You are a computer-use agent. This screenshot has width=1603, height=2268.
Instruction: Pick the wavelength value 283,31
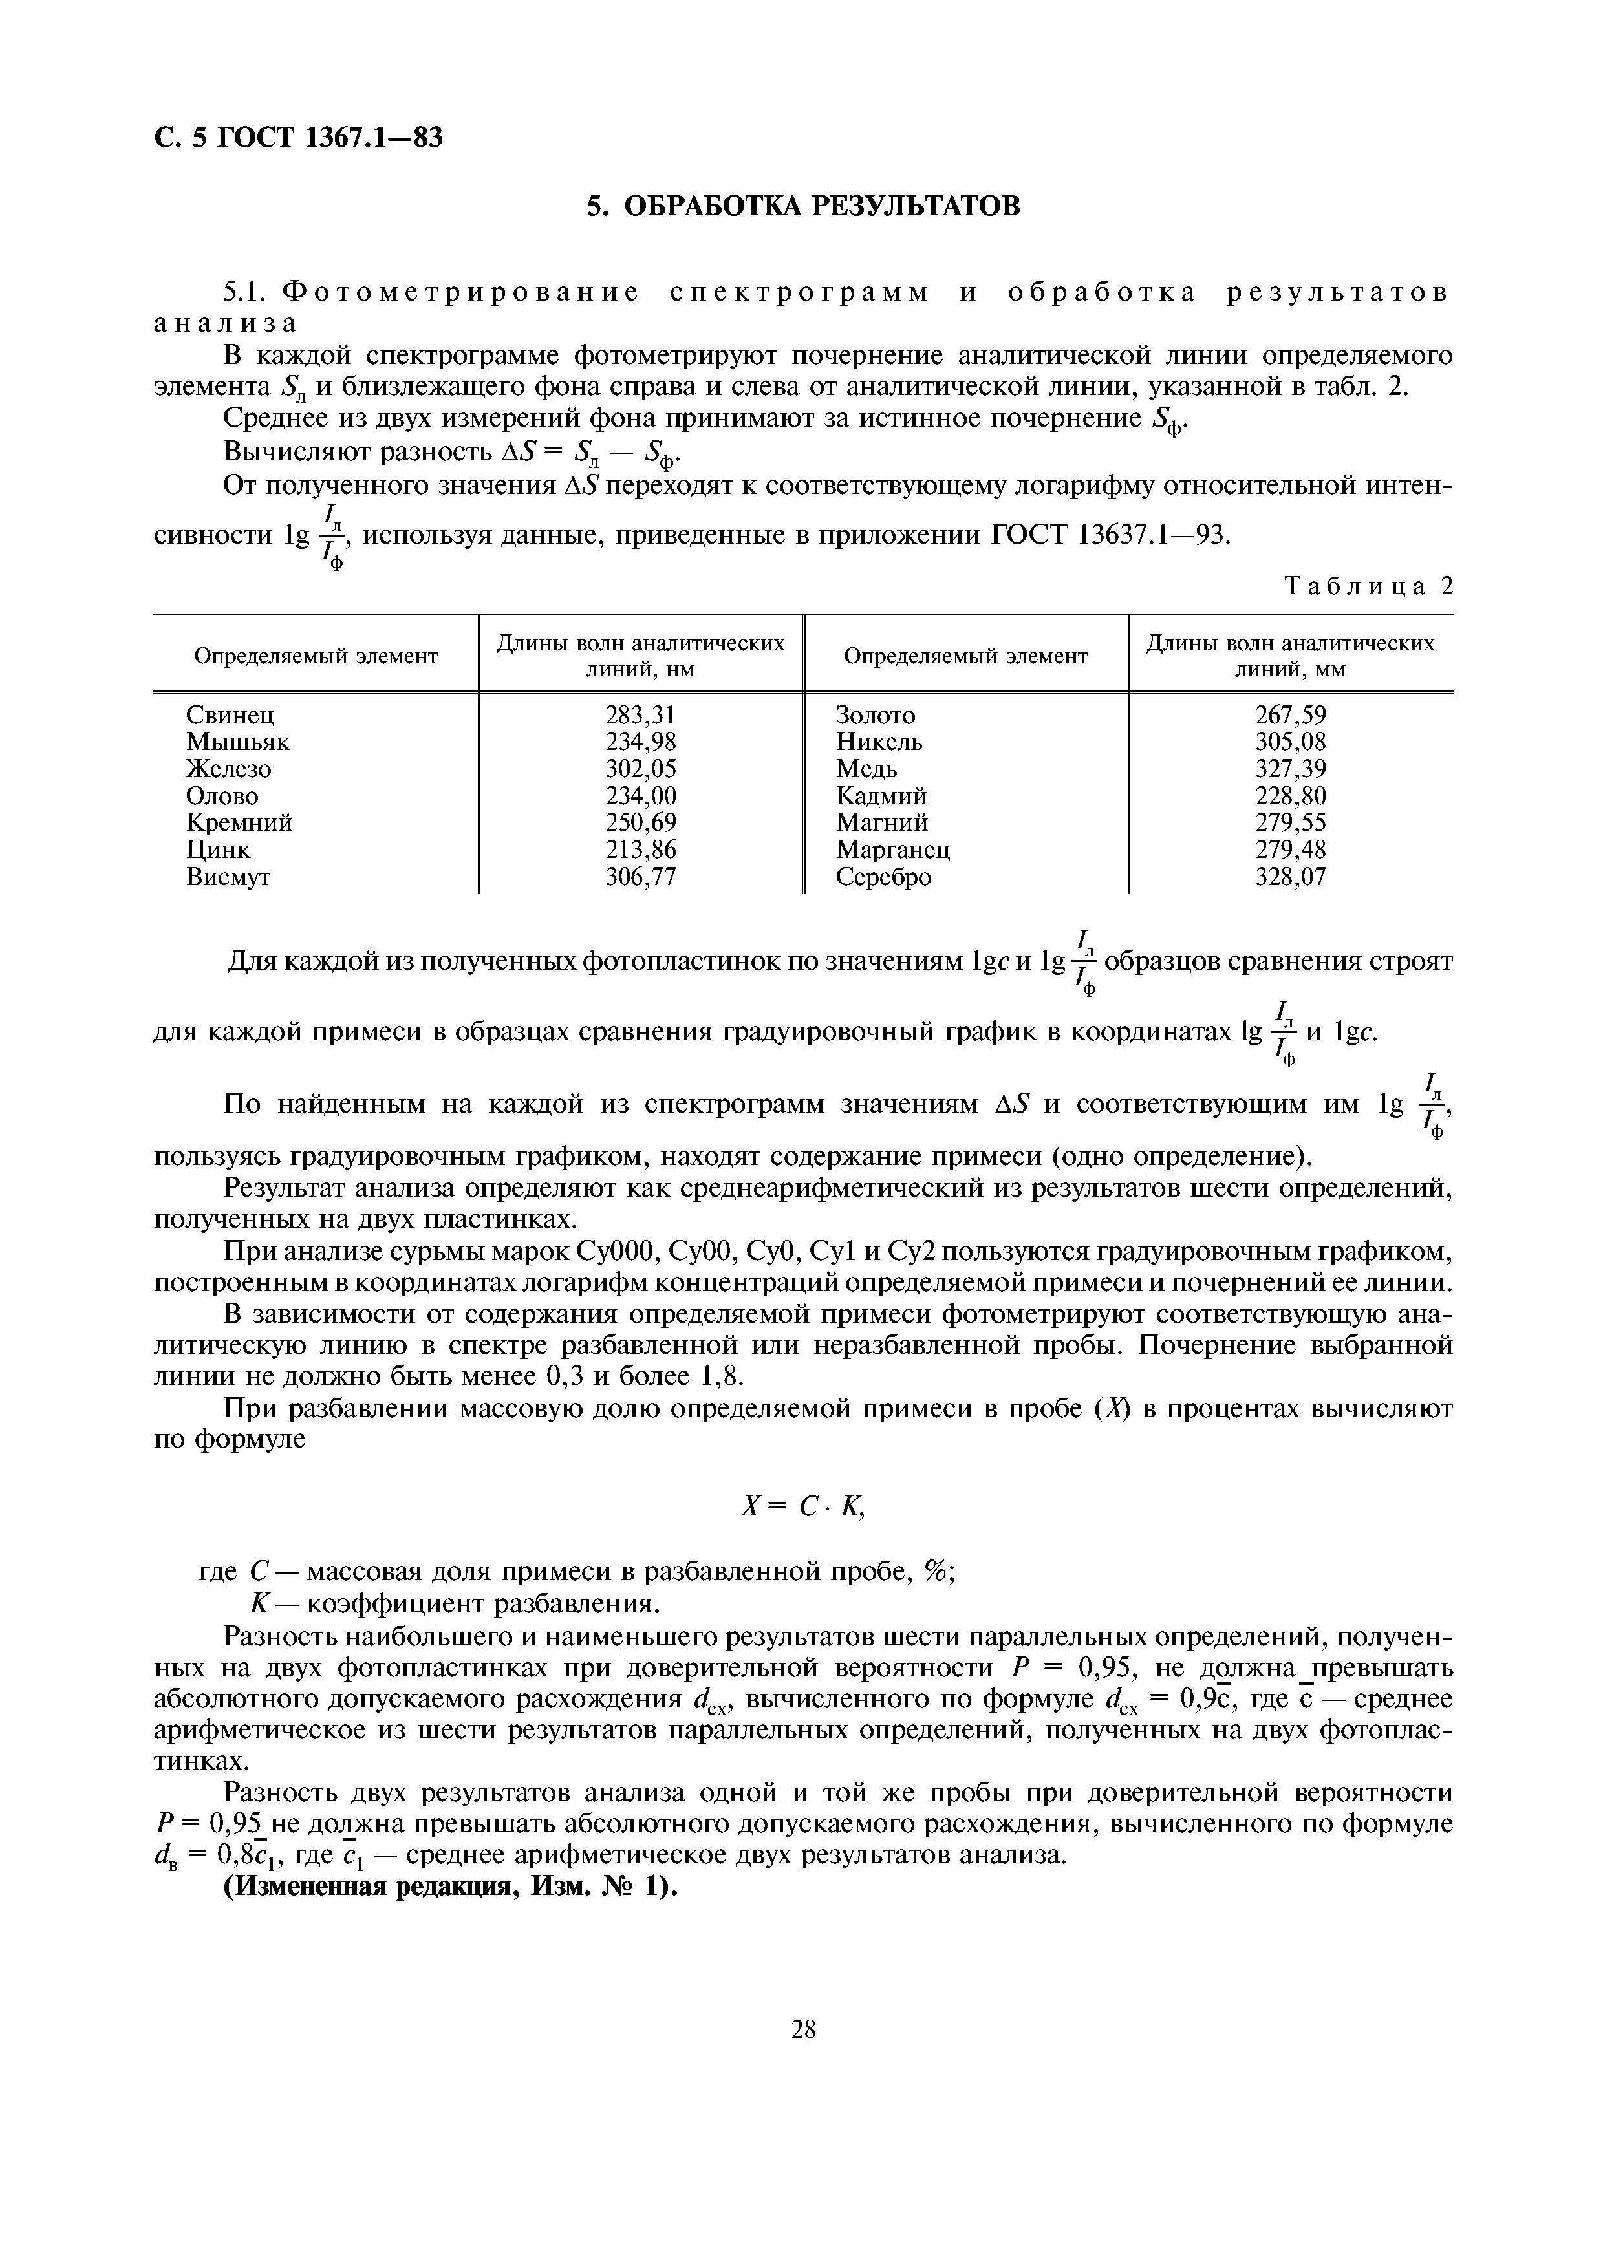pyautogui.click(x=640, y=714)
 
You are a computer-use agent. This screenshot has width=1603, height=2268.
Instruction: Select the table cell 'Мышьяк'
pyautogui.click(x=238, y=741)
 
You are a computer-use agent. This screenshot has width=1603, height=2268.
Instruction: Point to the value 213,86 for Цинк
pyautogui.click(x=640, y=850)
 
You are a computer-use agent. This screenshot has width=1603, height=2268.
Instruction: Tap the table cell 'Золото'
pyautogui.click(x=875, y=714)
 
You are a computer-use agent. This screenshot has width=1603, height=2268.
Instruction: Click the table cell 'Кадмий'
pyautogui.click(x=881, y=795)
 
